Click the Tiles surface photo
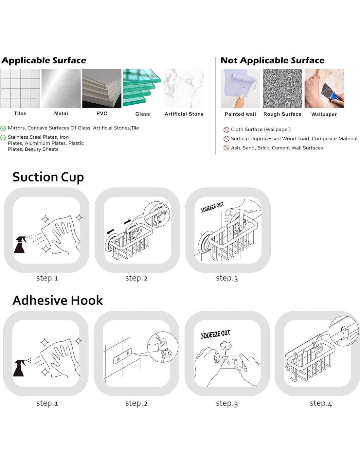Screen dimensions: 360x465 pos(20,88)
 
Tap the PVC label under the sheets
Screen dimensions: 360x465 pos(102,113)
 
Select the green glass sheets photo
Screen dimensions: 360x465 pos(142,88)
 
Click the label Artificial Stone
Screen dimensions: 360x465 pos(184,114)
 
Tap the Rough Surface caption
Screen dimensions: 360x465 pos(282,114)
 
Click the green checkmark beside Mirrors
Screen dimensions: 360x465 pos(3,129)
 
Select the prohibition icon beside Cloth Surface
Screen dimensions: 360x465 pos(226,130)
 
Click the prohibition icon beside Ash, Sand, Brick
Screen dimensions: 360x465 pos(226,148)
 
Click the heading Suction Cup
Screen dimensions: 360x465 pos(48,178)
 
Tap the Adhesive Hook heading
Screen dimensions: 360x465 pos(58,300)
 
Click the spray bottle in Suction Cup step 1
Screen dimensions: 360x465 pos(20,245)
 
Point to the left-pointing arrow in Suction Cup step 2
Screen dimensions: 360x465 pos(110,232)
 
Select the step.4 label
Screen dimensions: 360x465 pos(321,404)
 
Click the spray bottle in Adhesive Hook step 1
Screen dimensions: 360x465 pos(19,368)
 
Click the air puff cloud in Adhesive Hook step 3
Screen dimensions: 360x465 pos(226,346)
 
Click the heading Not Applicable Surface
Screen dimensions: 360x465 pos(272,60)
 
